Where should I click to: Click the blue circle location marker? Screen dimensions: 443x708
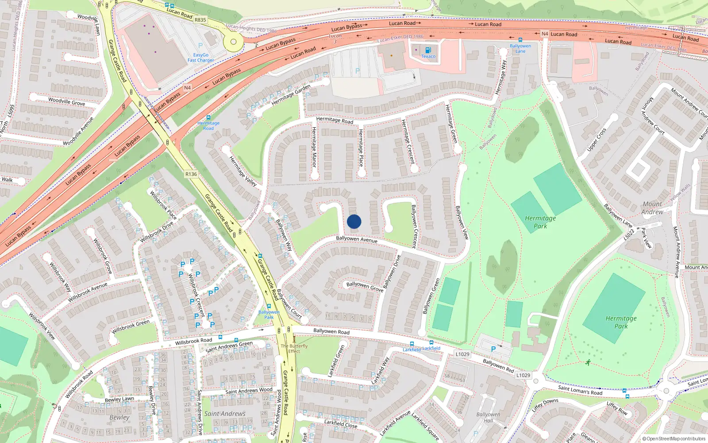pos(354,221)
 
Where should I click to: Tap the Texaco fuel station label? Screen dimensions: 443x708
pos(428,56)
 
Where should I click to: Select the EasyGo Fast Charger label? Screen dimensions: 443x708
pos(200,58)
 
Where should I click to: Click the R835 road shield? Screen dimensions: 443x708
pos(200,19)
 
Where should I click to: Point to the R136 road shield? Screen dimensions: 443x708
pos(191,174)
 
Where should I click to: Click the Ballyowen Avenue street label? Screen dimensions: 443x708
pos(357,239)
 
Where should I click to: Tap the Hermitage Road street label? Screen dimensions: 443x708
pos(335,120)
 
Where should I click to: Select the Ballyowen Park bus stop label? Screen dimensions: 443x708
pos(269,315)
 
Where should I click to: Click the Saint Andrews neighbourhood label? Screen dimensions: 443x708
pos(225,414)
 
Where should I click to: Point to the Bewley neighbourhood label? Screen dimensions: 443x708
pos(119,417)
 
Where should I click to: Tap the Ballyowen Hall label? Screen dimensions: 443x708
pos(488,417)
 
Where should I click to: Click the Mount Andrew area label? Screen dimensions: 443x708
pos(652,208)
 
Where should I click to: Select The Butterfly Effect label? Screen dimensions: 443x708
pos(294,349)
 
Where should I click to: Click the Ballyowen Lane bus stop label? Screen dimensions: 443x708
pos(520,48)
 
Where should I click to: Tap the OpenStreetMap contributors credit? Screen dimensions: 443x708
pos(674,439)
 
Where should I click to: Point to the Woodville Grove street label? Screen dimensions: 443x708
pos(66,101)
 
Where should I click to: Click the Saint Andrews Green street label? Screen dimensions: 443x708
pos(229,346)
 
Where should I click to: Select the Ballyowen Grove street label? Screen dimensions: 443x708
pos(365,286)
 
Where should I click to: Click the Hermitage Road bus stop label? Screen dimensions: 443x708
pos(208,125)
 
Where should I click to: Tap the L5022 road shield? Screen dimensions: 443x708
pos(629,235)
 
